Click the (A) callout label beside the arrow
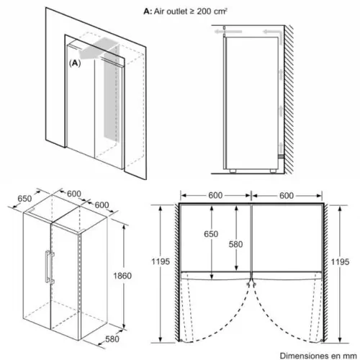click(75, 63)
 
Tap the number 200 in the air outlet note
click(204, 12)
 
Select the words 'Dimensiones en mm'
click(318, 356)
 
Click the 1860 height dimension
click(122, 276)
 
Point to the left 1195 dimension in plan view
click(161, 261)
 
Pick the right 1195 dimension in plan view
click(340, 261)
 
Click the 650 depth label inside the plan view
click(211, 234)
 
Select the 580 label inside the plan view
click(235, 244)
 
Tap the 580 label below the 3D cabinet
click(112, 339)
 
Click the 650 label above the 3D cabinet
click(24, 199)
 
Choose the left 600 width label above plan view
click(215, 195)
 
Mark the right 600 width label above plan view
click(287, 196)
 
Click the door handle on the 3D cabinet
click(49, 266)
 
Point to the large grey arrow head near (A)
click(84, 53)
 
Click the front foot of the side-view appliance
click(233, 171)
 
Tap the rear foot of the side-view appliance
click(273, 171)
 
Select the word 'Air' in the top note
click(159, 12)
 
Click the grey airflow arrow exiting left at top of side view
click(228, 32)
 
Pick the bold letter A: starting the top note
click(148, 12)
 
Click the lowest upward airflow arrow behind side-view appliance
click(281, 148)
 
